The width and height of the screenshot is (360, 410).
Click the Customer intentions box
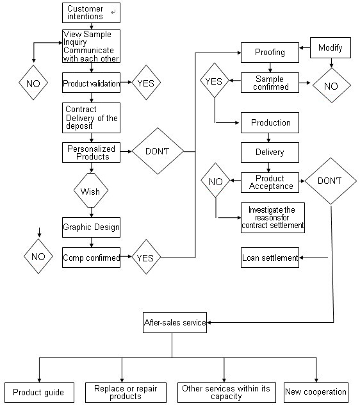point(91,13)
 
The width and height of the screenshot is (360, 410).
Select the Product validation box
point(91,83)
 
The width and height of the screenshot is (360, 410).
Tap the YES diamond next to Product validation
point(146,83)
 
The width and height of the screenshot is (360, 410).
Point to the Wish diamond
point(91,190)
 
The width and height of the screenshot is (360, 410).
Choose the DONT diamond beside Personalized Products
point(158,151)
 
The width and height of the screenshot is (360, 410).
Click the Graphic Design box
point(91,227)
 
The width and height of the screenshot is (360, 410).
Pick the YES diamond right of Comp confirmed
point(145,257)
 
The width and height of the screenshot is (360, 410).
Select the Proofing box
point(270,53)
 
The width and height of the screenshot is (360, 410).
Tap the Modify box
point(331,47)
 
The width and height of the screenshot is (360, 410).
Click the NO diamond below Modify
point(332,85)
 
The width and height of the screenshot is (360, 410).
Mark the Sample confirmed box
point(270,83)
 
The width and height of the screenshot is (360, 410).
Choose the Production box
point(270,122)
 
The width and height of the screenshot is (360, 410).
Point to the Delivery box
point(270,152)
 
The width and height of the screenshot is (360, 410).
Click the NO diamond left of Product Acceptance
point(215,180)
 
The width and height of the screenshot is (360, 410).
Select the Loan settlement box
point(270,258)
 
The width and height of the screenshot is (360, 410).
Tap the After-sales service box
point(175,322)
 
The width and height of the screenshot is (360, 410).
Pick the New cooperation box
point(316,393)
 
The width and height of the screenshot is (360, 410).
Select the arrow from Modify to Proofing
point(304,48)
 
